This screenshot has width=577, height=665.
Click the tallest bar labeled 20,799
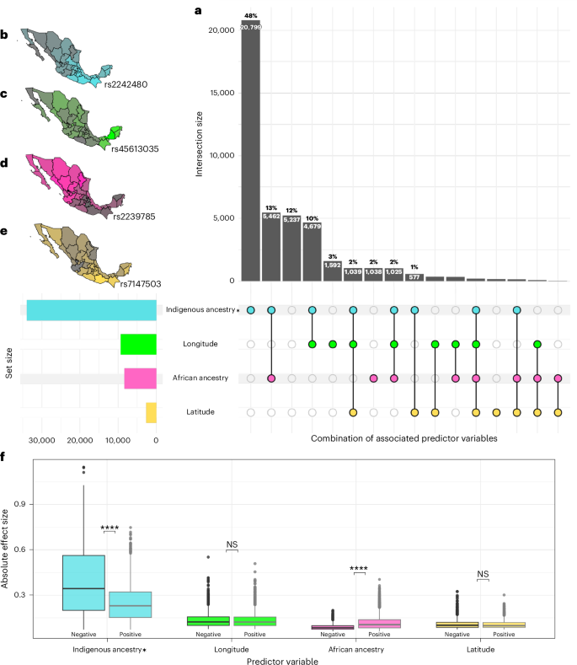coord(250,152)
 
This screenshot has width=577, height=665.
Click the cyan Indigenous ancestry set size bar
coord(92,309)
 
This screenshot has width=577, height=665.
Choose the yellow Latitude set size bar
coord(151,412)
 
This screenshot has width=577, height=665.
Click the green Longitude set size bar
coord(138,344)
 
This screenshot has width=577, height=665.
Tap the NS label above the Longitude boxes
coord(232,544)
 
